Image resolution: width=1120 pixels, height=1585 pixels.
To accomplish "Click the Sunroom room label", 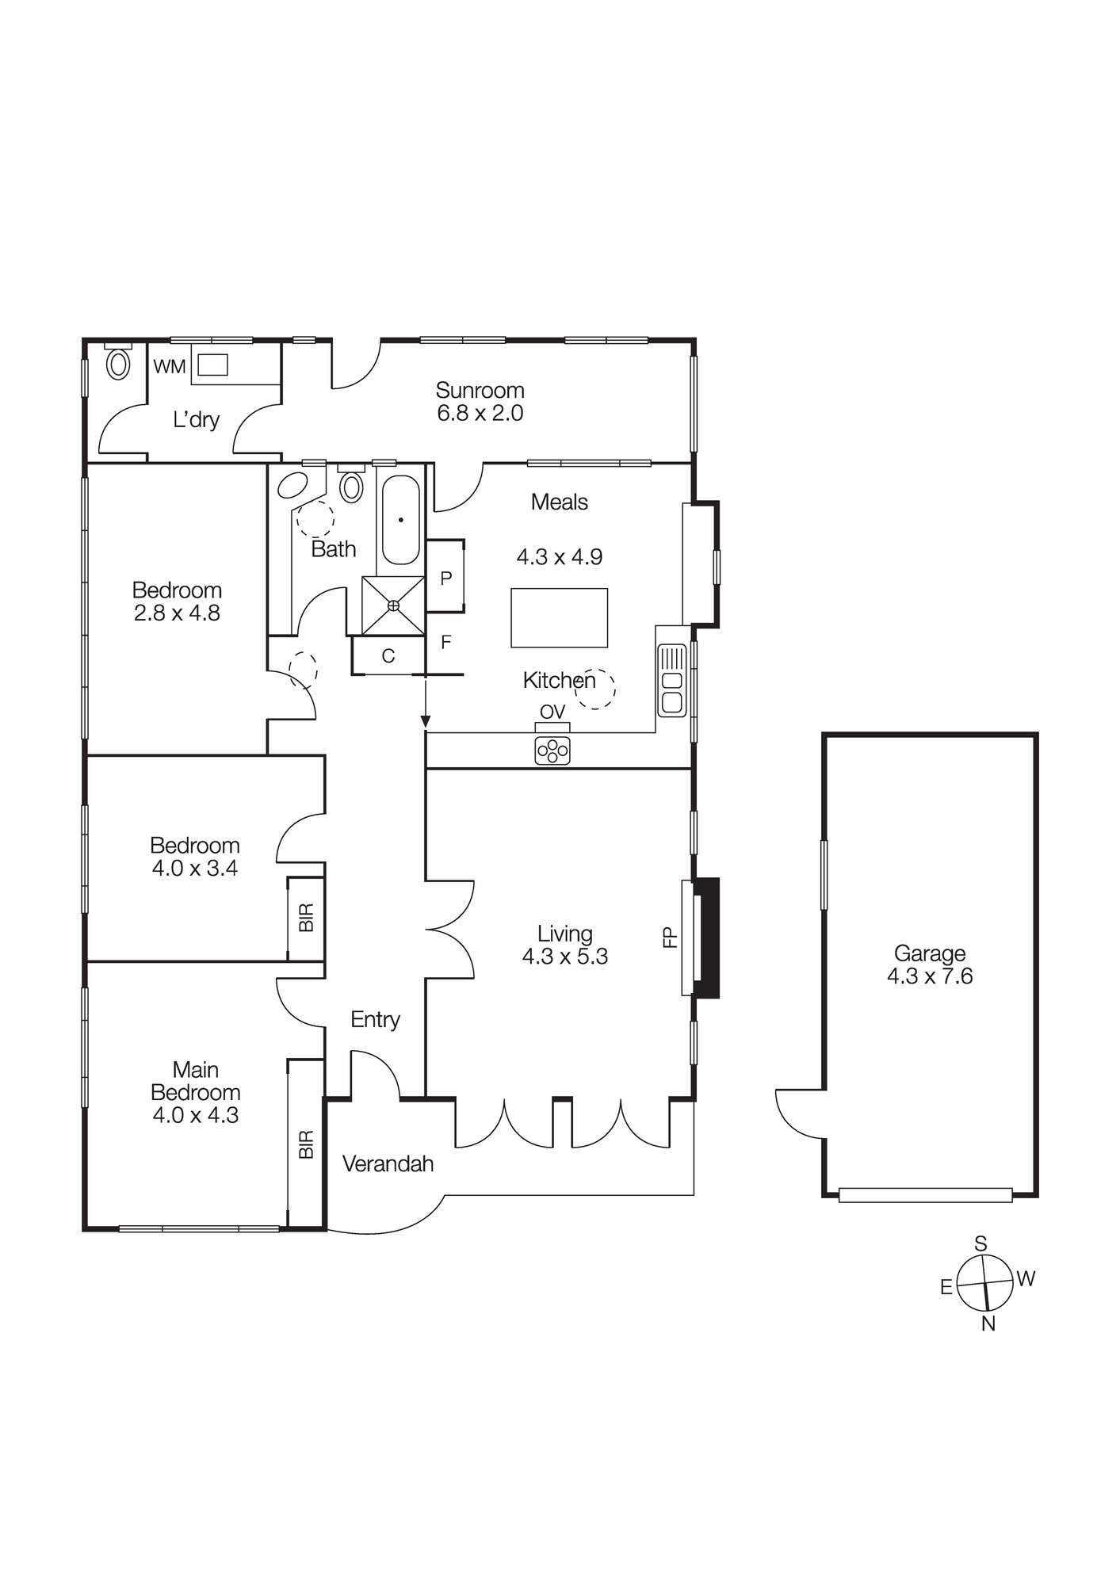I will click(480, 390).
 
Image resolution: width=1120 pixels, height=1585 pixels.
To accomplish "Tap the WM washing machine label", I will click(169, 367).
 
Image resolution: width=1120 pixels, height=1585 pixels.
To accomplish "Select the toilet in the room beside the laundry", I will click(118, 365).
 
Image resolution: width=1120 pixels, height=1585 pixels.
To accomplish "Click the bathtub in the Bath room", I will click(401, 520).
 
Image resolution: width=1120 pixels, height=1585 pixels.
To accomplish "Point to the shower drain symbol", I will click(393, 605).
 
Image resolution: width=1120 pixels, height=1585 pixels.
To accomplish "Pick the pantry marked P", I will click(445, 578).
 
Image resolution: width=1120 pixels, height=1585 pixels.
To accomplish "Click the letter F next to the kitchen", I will click(445, 642).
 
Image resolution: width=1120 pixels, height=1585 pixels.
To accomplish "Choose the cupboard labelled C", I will click(388, 656).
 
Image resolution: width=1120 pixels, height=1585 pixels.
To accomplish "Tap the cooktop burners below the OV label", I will click(552, 750).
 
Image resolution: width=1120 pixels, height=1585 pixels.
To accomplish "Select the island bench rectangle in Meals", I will click(559, 617).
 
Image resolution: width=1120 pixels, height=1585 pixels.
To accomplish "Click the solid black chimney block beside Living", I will click(707, 937).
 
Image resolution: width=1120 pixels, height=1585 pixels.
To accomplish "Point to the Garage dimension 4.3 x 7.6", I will click(930, 976).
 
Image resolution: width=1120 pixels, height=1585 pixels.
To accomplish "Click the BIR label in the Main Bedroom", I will click(307, 1144).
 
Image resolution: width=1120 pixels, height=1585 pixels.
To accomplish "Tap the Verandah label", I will click(388, 1163).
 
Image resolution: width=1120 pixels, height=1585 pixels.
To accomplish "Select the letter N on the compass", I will click(988, 1323).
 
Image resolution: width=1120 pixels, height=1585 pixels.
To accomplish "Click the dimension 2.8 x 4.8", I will click(177, 613).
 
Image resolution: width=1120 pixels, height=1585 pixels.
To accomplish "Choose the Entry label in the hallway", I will click(375, 1019).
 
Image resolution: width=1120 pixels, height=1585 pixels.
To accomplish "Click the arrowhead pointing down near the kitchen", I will click(426, 721).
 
